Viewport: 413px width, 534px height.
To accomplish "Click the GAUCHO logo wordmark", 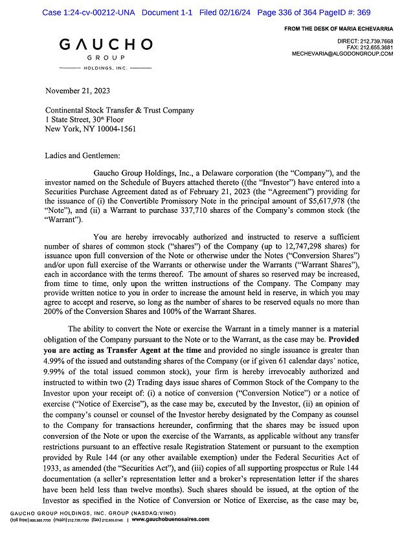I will [106, 45].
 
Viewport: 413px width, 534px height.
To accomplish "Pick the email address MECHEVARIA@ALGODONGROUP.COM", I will [342, 54].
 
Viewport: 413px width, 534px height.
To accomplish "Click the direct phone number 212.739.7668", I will [375, 41].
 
